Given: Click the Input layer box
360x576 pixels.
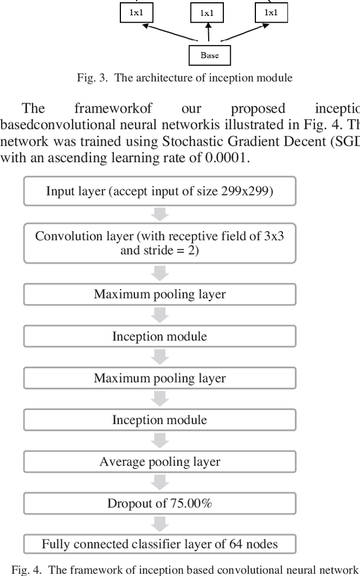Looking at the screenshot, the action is [160, 191].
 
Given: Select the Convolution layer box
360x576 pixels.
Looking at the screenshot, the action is [160, 243].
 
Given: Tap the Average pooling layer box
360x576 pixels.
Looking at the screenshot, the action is [160, 462].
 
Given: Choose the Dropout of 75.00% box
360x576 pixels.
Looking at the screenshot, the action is [160, 503].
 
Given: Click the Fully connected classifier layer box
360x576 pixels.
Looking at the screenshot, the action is [160, 544].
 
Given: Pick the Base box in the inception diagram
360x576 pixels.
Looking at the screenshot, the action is [209, 55].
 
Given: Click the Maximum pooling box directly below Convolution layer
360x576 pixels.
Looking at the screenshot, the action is [160, 294].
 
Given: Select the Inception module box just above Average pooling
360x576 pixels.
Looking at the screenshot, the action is [160, 420].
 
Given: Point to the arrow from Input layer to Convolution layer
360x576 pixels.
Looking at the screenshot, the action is [160, 214].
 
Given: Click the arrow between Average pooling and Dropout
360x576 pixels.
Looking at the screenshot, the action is [160, 483].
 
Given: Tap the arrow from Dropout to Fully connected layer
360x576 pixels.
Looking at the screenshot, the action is [160, 524].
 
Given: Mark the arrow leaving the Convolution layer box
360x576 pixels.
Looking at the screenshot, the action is [160, 273].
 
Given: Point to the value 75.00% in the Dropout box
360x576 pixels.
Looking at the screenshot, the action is [191, 503].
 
